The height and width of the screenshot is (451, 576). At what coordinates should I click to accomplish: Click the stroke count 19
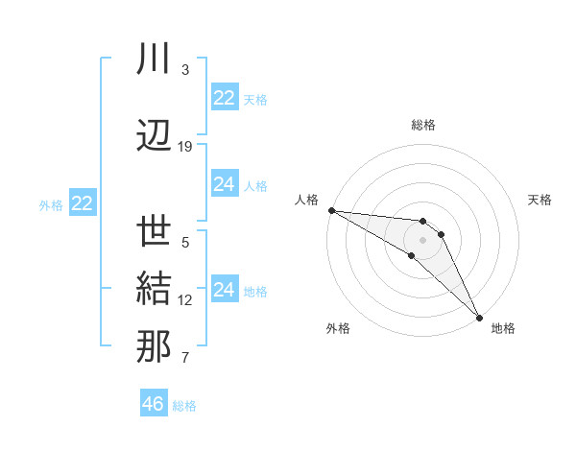185,147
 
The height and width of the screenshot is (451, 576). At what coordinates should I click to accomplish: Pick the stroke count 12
185,300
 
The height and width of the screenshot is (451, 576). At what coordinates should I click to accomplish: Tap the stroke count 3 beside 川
185,70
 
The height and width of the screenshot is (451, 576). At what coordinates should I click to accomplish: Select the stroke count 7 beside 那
185,359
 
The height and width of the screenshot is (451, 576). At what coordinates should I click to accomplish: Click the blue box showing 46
154,404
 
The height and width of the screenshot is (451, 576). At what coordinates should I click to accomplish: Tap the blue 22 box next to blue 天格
225,98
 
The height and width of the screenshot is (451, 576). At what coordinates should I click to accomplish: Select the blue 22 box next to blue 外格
83,203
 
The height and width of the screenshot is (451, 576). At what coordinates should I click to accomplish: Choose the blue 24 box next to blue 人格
225,184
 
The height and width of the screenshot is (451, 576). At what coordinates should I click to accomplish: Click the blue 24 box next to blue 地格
225,290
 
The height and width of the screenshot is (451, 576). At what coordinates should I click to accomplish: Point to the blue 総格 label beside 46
184,406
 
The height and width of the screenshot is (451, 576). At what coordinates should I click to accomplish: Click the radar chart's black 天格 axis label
540,200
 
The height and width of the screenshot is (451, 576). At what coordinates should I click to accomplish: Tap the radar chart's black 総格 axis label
423,125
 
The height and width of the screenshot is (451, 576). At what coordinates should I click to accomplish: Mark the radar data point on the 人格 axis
330,210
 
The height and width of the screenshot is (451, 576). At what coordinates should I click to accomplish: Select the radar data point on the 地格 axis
479,317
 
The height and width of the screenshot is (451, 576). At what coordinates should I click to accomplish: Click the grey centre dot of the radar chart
423,239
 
